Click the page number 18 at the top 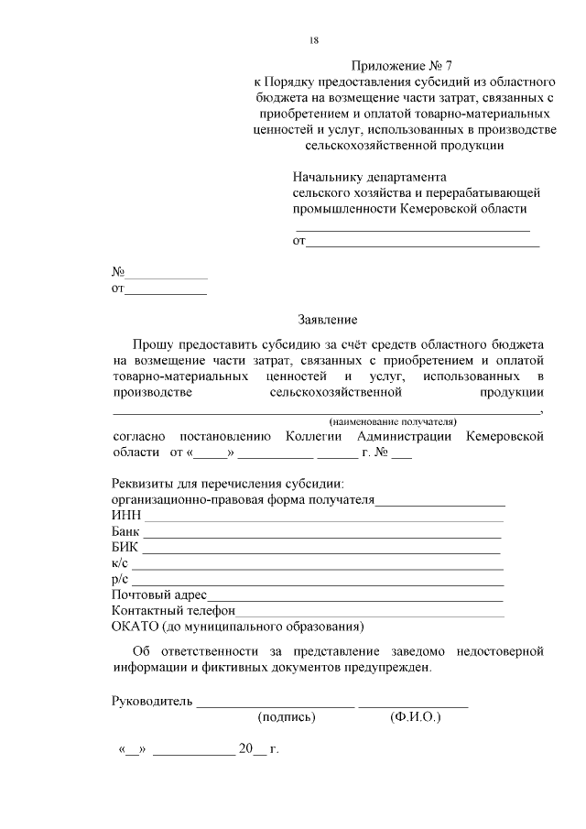[314, 40]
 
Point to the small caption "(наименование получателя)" [392, 421]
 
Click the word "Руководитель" [151, 702]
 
